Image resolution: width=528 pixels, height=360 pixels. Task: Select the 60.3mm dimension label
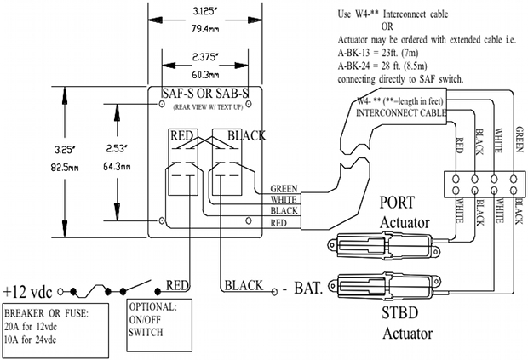point(202,74)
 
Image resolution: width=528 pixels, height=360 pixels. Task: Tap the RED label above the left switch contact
point(184,136)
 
